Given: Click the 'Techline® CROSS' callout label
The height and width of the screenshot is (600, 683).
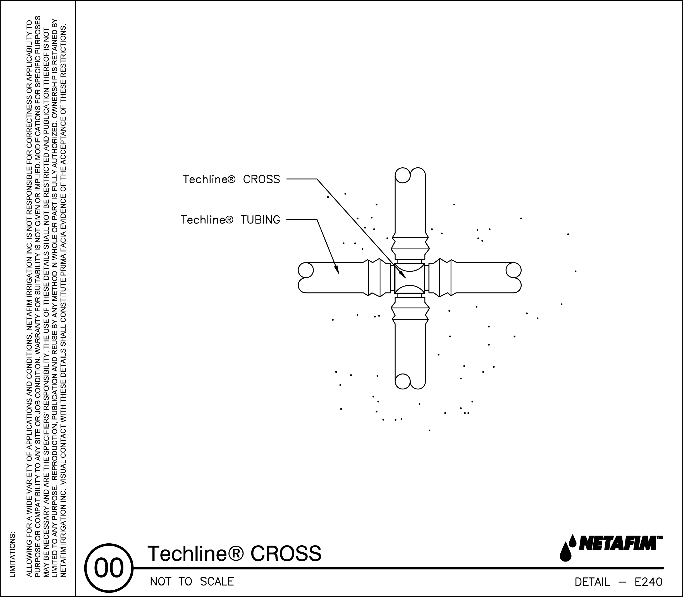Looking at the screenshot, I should [231, 179].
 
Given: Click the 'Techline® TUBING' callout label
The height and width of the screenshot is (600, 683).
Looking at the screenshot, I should [230, 220].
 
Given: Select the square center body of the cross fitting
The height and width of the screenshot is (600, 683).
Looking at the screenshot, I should [410, 278].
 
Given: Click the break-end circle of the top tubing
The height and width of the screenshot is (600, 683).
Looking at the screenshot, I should [402, 175].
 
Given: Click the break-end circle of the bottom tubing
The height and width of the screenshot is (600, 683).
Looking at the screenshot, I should [402, 381].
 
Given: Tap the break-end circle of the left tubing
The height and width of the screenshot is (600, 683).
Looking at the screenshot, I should [306, 270].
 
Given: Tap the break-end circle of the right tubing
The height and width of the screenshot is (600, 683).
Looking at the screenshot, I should [514, 270].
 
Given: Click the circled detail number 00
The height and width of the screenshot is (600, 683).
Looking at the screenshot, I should [109, 568].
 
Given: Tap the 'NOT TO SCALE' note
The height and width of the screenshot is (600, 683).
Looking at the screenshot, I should [192, 582].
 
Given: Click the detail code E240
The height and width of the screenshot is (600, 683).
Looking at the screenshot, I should [648, 582].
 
